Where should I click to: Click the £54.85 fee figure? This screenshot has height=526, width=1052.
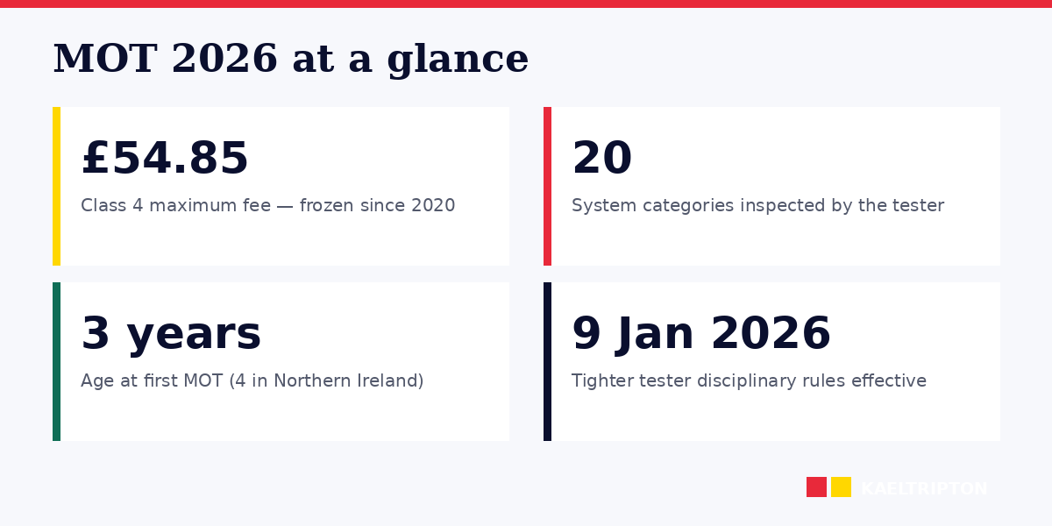tap(165, 160)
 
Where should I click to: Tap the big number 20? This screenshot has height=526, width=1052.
tap(601, 160)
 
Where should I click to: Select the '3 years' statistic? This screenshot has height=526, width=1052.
tap(171, 334)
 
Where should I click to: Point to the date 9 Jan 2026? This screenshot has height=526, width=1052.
tap(700, 334)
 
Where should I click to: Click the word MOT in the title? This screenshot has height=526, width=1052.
tap(105, 60)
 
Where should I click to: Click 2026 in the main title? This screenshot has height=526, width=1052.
tap(224, 60)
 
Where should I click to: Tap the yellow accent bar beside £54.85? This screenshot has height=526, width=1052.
tap(56, 186)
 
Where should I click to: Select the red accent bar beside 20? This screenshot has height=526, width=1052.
tap(547, 186)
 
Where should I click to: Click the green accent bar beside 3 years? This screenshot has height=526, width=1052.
tap(56, 361)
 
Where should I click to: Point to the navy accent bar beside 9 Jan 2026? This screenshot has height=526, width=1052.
tap(547, 361)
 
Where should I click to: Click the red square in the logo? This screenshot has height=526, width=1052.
tap(816, 487)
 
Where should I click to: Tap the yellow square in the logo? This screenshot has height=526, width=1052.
tap(841, 487)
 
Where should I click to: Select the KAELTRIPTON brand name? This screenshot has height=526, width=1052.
tap(924, 489)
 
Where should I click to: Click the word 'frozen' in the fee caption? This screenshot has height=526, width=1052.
tap(327, 206)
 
